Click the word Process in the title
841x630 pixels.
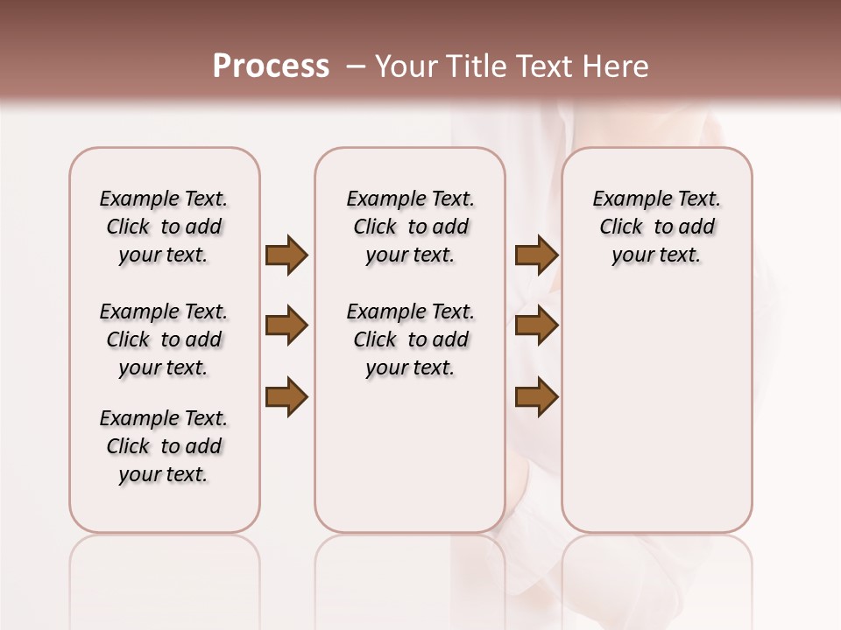[271, 66]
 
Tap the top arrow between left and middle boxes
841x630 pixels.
[286, 255]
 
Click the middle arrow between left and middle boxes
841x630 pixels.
[286, 326]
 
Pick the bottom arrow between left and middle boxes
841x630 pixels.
[286, 397]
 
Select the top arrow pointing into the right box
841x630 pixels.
[536, 255]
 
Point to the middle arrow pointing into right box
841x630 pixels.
[536, 326]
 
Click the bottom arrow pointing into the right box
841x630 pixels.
[536, 397]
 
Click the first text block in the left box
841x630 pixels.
[164, 227]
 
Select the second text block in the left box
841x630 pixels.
[164, 339]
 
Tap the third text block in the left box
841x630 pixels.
[164, 446]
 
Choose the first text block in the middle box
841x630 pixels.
[410, 227]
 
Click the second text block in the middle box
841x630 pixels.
[410, 339]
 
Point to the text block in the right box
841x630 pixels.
[656, 227]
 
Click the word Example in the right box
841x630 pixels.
[625, 199]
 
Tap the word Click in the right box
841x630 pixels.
[621, 227]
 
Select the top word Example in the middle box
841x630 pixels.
[379, 199]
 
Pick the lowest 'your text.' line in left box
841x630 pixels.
[164, 474]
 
